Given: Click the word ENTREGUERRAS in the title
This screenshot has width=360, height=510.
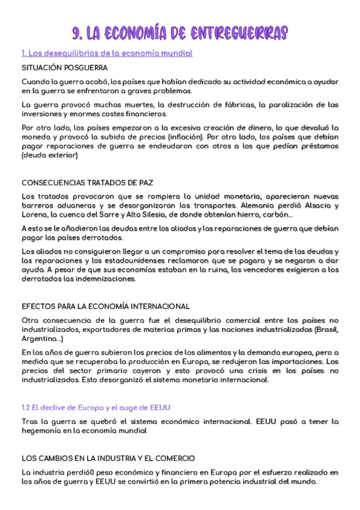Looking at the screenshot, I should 239,32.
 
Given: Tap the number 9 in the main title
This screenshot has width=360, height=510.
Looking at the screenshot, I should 76,32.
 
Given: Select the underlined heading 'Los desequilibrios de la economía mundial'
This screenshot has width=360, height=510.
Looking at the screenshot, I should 107,54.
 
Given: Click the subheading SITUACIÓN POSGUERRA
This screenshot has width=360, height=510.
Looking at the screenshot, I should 64,67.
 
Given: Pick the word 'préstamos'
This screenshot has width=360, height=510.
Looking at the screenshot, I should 319,146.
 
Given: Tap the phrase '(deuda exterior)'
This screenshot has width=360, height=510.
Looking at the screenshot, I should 50,156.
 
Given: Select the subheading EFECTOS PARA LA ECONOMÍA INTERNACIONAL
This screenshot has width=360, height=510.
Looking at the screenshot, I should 106,307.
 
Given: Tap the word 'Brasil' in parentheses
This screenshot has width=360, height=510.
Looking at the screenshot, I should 327,330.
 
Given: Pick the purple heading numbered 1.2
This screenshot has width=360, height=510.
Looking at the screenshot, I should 96,408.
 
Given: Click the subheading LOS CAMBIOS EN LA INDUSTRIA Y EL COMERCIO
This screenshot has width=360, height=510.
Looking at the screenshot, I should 108,458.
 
